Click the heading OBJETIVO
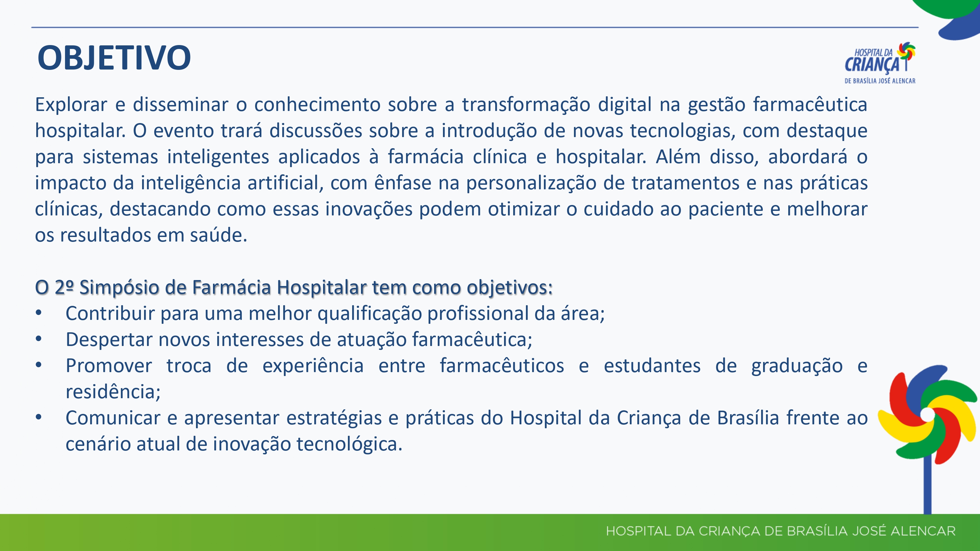114,58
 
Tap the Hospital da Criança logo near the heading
880,63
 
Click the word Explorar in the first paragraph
71,104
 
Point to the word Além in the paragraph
678,157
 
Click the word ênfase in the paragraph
403,182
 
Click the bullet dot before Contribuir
39,313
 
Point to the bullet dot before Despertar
39,339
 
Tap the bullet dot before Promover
39,365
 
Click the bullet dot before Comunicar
39,417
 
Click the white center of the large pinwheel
927,415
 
